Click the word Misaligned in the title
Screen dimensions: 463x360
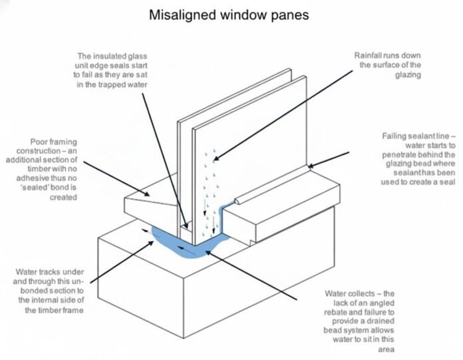[182, 15]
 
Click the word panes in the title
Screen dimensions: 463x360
[291, 15]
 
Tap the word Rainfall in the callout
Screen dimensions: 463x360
[366, 55]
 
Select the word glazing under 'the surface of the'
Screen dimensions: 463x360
[408, 75]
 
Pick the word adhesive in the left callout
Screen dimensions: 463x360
[33, 178]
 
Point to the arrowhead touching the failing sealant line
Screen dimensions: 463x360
[311, 166]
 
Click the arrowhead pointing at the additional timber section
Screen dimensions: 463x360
[146, 194]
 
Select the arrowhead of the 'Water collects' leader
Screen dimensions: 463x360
[208, 252]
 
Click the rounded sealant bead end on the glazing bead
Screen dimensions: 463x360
[237, 202]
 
